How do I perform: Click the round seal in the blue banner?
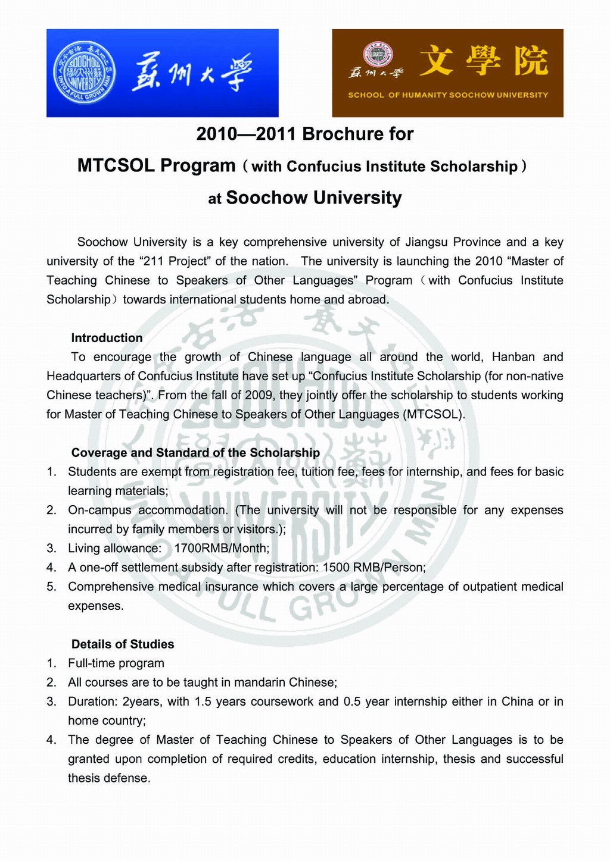coord(84,73)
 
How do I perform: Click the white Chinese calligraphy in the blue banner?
coord(192,73)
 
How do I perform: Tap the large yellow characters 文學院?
coord(483,61)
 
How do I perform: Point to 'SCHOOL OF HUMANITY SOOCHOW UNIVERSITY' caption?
coord(448,95)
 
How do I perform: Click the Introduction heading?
coord(107,338)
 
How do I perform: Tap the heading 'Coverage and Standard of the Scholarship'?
coord(195,453)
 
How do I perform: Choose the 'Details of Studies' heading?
coord(123,644)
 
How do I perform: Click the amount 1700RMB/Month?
coord(222,549)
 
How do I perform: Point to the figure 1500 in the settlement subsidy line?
coord(336,568)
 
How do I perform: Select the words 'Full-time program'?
coord(116,663)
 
